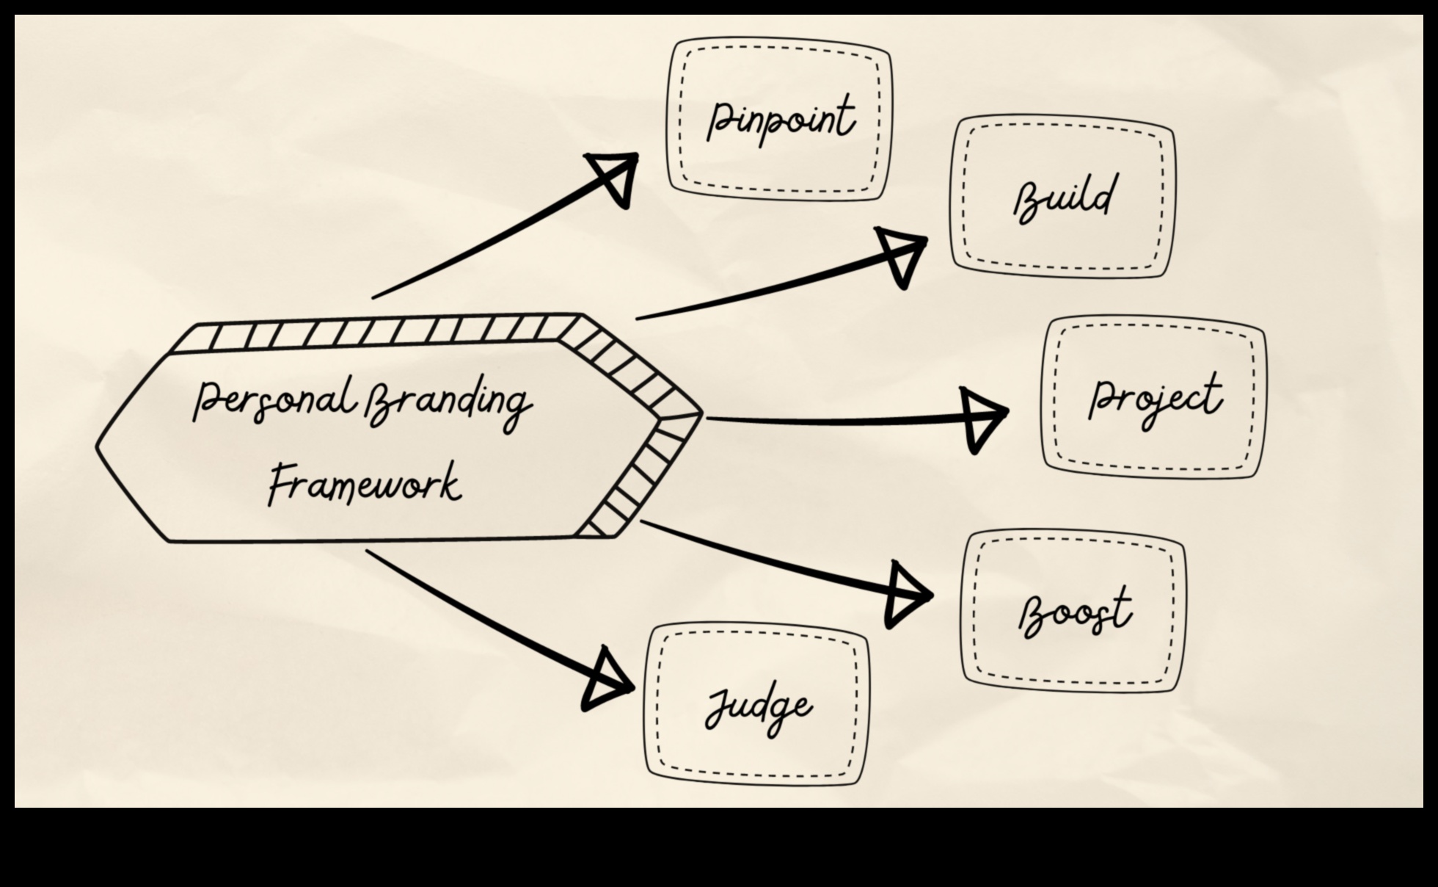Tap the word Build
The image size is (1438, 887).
pos(1063,198)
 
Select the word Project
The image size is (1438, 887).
pos(1154,399)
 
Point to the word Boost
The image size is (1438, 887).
pos(1074,612)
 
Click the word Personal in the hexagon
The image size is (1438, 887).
pos(274,400)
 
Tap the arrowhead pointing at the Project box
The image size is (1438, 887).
pos(982,419)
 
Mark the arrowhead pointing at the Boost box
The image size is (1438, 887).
pos(905,595)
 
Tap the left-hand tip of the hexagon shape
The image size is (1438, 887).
pos(98,445)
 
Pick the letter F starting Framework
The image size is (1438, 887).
pos(280,484)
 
